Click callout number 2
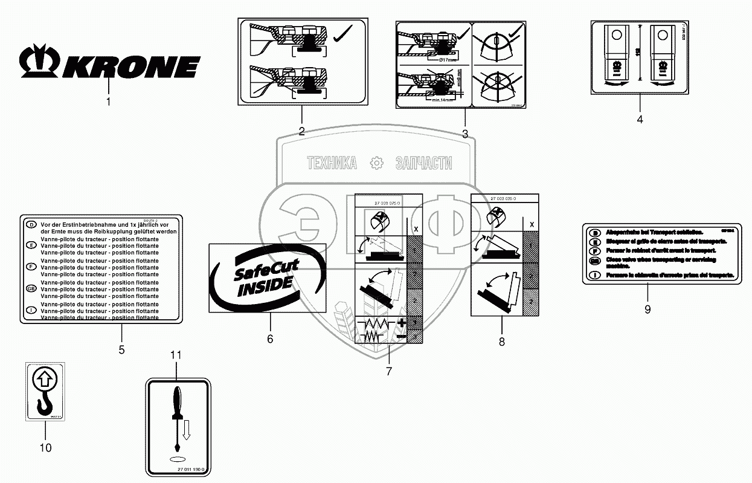(301, 131)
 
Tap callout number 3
(464, 134)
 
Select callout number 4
(640, 120)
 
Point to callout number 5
(121, 349)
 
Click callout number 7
(388, 371)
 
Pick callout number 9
(648, 310)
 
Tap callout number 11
(175, 355)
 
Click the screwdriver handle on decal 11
(177, 401)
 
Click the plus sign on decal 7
(401, 322)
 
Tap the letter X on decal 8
(532, 224)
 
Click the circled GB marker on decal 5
(31, 289)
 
